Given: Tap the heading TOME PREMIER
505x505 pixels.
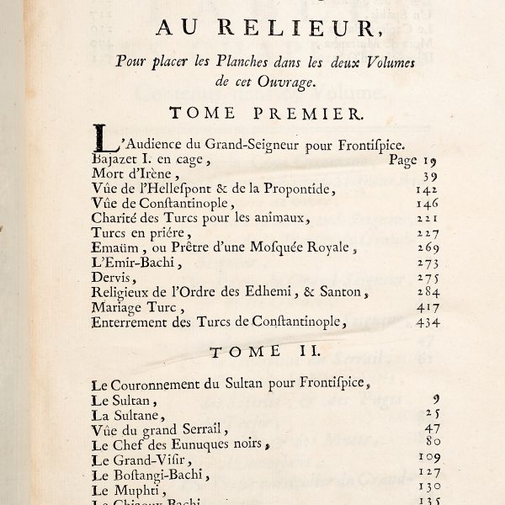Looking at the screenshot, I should (x=253, y=112).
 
